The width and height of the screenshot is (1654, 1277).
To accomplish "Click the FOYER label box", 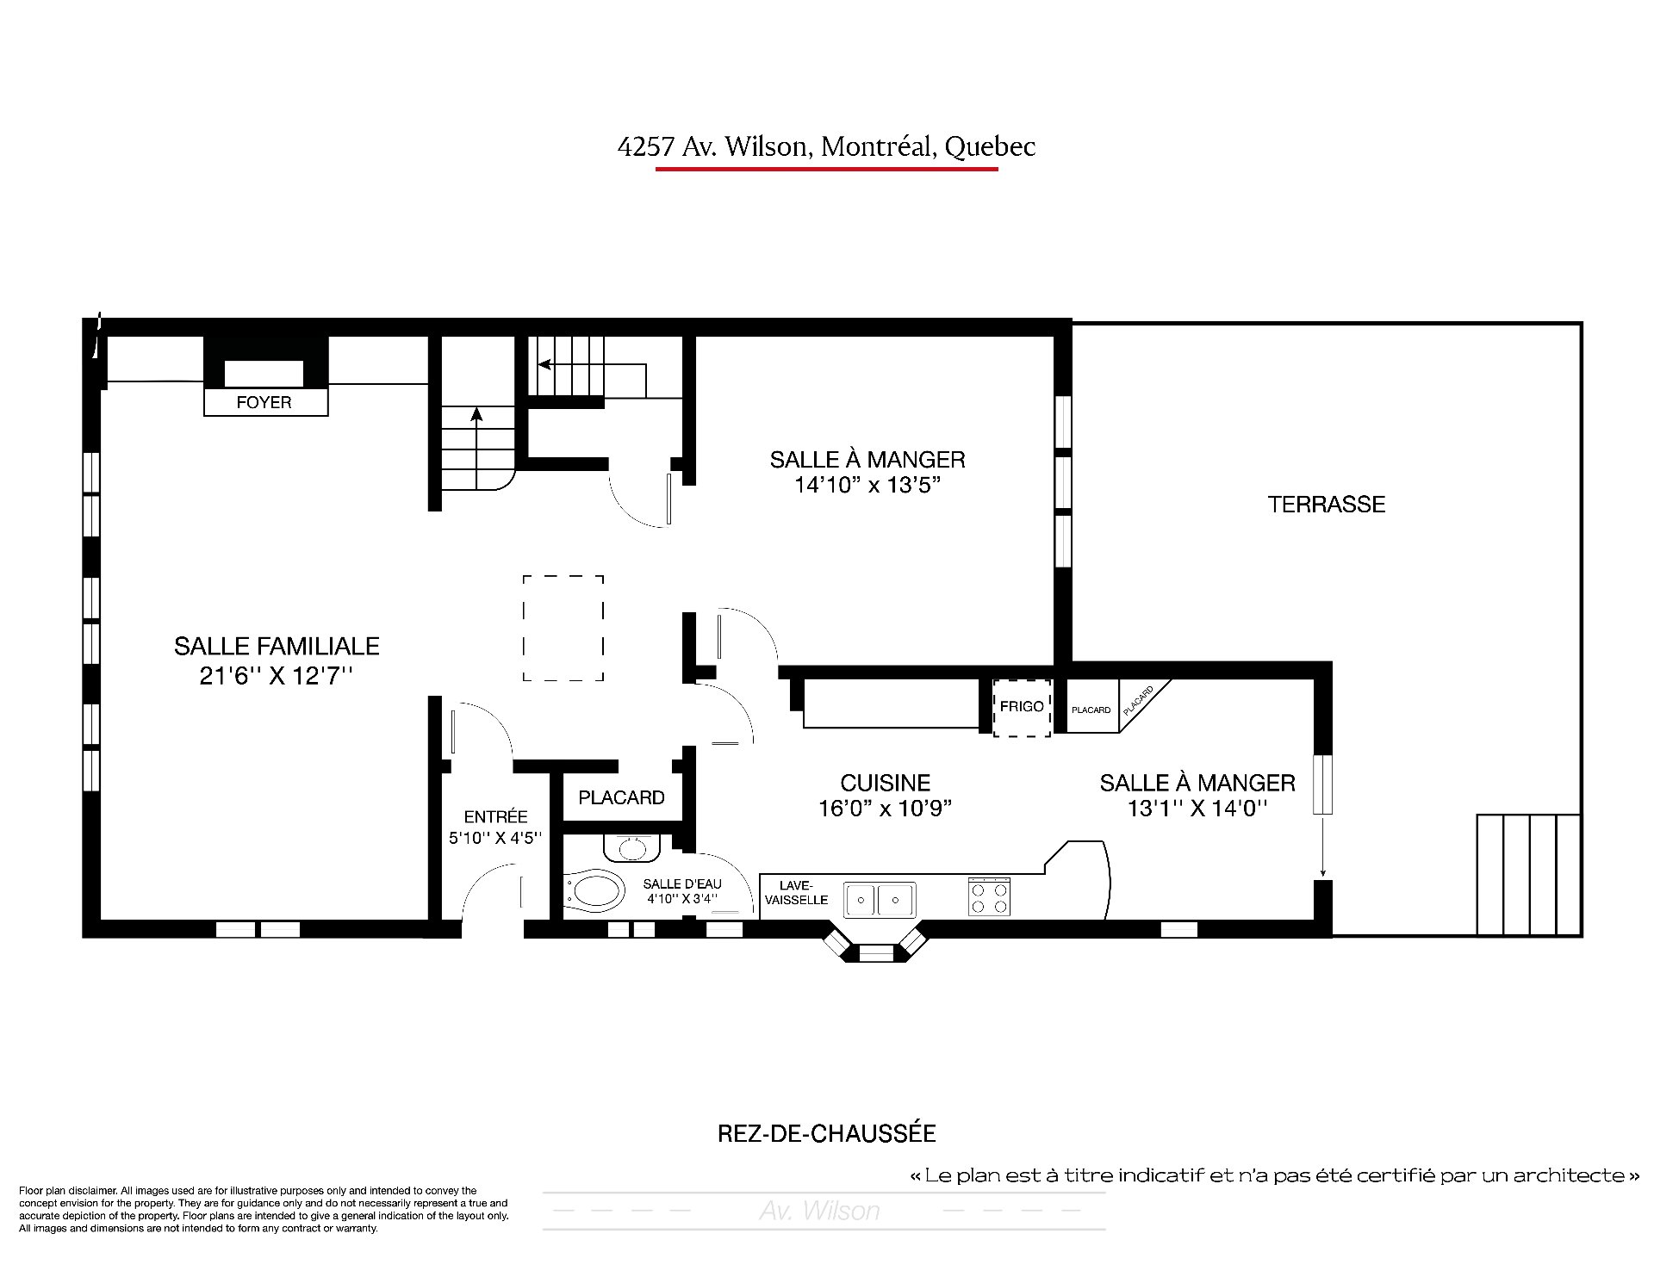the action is (265, 402).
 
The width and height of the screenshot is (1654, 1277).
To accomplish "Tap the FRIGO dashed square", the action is (1022, 707).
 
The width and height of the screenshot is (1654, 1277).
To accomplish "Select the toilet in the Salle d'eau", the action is (595, 891).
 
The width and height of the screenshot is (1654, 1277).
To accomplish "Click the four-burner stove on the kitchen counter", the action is (989, 896).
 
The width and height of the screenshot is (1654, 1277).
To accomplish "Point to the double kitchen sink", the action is (880, 899).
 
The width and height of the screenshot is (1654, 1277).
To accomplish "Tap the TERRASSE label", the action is (1326, 504).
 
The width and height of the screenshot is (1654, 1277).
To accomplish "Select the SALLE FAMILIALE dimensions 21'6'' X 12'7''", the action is (277, 676).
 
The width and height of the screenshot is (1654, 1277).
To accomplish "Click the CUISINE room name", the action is (886, 783).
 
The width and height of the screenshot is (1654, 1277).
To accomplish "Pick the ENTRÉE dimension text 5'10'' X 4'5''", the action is (495, 837).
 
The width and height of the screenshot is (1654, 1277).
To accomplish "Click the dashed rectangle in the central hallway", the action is (563, 628).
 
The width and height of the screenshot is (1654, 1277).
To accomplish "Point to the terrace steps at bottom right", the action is (1528, 874).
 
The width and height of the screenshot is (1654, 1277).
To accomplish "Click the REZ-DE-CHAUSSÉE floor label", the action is (827, 1133).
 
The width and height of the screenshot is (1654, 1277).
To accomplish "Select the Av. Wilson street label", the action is (819, 1211).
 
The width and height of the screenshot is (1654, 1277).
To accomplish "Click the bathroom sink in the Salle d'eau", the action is (631, 847).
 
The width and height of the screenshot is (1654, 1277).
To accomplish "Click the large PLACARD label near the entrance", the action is (621, 798).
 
